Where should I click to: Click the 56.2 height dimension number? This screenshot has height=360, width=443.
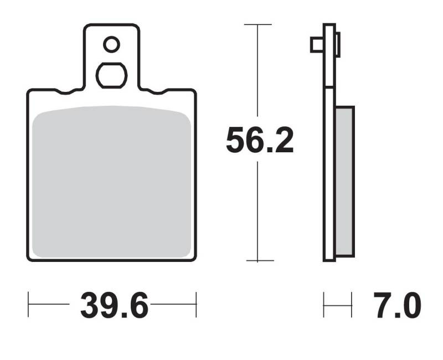click(260, 140)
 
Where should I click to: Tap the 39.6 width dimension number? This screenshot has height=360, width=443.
click(114, 306)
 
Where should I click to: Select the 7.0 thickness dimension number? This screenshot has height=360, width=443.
click(397, 306)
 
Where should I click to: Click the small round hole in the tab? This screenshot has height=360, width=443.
click(112, 44)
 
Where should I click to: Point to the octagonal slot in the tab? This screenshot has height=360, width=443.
click(112, 75)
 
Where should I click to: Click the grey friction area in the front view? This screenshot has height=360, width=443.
click(112, 182)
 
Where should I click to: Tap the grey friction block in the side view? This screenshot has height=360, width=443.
click(344, 182)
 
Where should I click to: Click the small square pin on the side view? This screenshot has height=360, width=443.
click(317, 45)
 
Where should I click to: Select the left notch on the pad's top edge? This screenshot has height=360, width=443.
click(65, 91)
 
